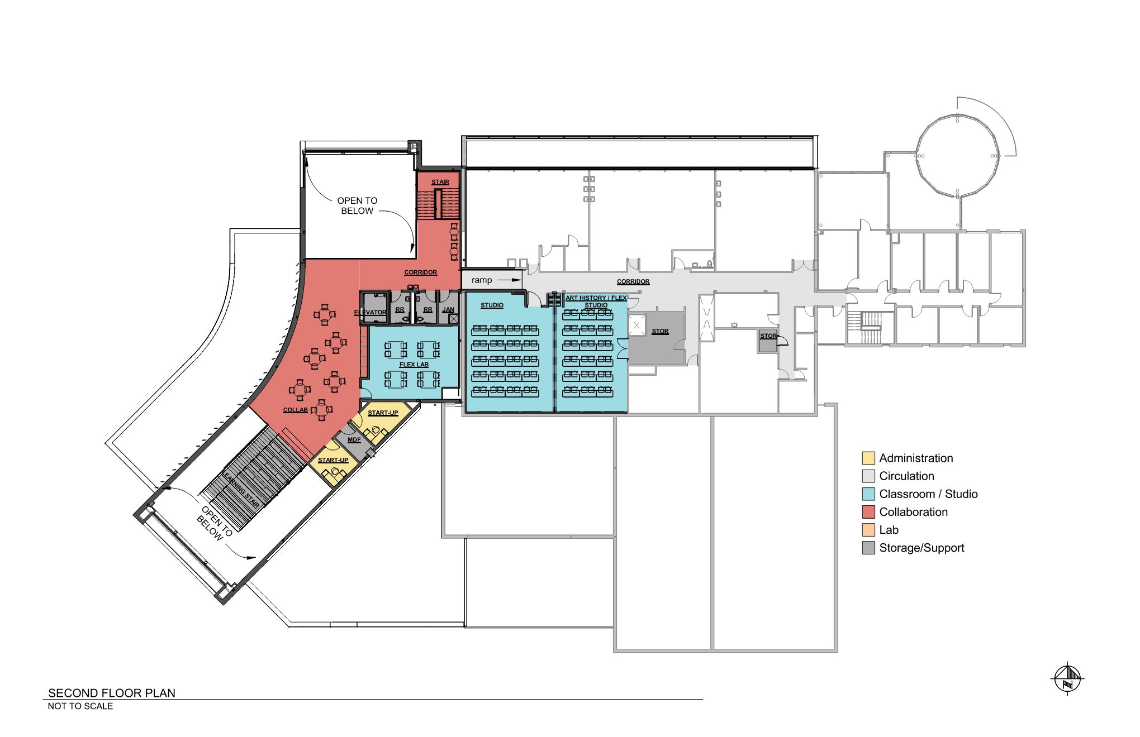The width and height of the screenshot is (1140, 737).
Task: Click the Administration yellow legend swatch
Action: coord(868,458)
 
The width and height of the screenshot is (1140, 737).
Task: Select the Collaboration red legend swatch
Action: coord(868,512)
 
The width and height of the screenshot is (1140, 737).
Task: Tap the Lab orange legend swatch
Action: coord(868,530)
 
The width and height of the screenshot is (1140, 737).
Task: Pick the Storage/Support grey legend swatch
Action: coord(868,548)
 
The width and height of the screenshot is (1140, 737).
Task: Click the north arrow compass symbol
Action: coord(1067,678)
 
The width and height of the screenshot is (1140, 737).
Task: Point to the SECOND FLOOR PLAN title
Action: coord(112,693)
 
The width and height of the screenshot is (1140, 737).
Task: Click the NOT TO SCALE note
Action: coord(80,706)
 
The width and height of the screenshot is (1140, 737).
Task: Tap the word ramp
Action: coord(482,280)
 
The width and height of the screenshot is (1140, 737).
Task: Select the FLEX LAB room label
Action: coord(414,365)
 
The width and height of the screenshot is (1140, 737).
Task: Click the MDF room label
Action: coord(354,440)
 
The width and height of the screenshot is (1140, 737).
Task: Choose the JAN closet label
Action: coord(448,310)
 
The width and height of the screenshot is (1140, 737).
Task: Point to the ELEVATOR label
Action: coord(370,313)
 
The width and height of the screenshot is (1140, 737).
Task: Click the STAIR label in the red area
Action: coord(440,182)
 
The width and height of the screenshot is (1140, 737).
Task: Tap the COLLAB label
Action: coord(296,410)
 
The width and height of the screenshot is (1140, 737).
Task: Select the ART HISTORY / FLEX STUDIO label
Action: coord(596,301)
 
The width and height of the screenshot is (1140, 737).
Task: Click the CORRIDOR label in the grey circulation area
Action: coord(633,282)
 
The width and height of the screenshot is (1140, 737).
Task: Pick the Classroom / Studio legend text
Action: coord(928,494)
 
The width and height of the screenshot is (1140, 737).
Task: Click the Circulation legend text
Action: coord(906,476)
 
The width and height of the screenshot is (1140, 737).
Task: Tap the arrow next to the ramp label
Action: coord(509,280)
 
